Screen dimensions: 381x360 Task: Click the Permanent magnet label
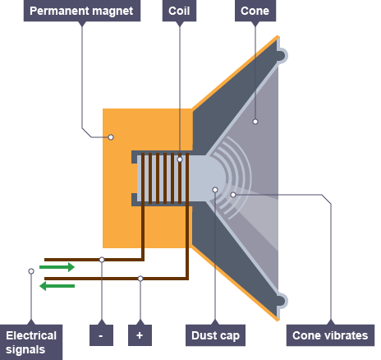tap(82, 11)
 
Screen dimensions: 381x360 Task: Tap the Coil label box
tap(179, 11)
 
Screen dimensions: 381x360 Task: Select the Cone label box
tap(255, 11)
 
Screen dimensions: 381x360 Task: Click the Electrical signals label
tap(31, 342)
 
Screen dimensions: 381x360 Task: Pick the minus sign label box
tap(101, 335)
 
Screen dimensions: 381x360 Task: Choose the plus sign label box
tap(140, 335)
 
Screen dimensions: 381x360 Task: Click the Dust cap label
tap(215, 335)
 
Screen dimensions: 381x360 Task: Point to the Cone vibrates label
tap(330, 335)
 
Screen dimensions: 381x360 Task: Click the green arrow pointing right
tap(57, 267)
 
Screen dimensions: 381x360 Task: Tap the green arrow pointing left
tap(57, 286)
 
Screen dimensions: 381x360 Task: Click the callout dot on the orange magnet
tap(111, 137)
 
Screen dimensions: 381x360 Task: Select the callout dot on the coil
tap(180, 159)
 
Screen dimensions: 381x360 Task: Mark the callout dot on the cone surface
tap(255, 122)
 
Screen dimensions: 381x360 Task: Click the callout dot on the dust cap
tap(215, 190)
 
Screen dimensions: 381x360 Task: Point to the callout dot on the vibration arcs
tap(233, 195)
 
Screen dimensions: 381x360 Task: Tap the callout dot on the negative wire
tap(102, 260)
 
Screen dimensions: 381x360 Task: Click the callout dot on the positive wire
tap(140, 279)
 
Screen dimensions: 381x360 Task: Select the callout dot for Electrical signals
tap(31, 271)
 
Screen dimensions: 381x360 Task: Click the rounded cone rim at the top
tap(282, 55)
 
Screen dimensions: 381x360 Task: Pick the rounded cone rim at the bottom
tap(282, 301)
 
